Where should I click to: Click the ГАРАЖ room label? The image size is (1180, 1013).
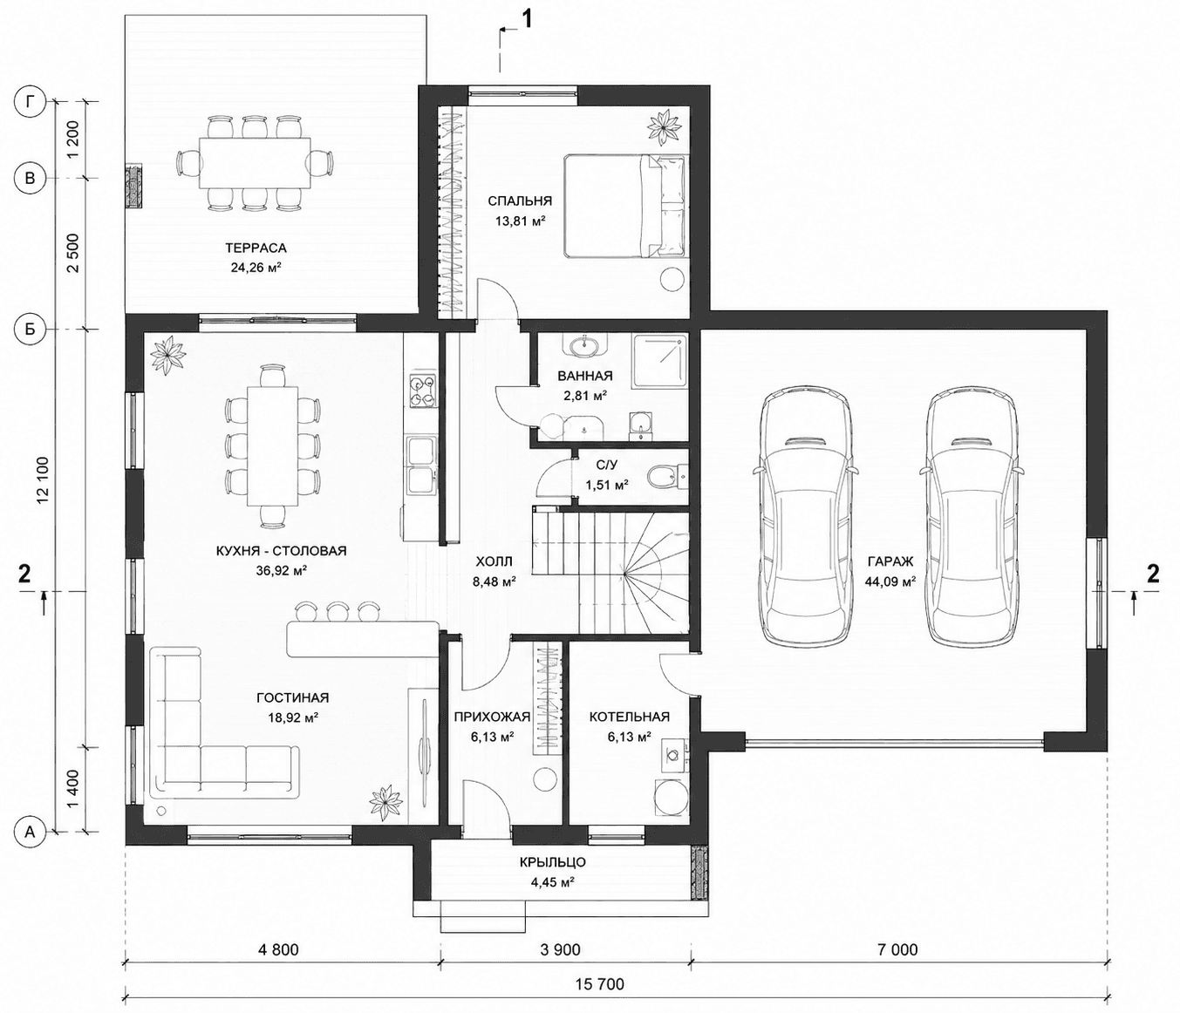(890, 561)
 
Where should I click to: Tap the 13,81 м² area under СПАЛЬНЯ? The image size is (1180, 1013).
(520, 221)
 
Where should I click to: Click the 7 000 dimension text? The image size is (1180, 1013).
(898, 949)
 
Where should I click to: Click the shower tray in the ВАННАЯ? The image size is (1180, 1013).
(660, 362)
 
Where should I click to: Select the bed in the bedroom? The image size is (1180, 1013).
(624, 206)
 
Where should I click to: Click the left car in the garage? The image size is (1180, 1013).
(806, 516)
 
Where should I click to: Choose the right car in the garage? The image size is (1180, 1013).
(971, 516)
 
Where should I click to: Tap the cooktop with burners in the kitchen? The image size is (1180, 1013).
(422, 391)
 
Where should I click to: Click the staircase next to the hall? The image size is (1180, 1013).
(610, 571)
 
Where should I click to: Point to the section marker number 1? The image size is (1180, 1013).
(527, 19)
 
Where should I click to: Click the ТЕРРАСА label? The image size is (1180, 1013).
(256, 248)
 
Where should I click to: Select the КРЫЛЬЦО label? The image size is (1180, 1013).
(553, 862)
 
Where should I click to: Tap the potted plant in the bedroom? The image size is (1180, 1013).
(665, 128)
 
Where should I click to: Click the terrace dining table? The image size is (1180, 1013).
(255, 163)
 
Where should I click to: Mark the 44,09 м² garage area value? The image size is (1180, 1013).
(890, 582)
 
